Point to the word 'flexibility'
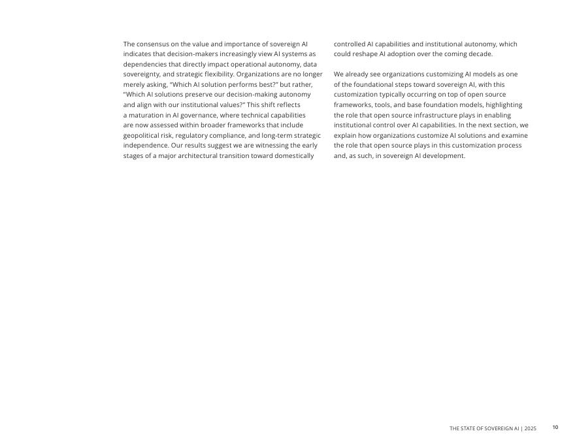tap(216, 74)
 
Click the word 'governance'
tap(197, 115)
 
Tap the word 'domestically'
tap(295, 155)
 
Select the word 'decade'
tap(480, 54)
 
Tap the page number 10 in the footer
tap(555, 428)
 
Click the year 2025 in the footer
tap(529, 428)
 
